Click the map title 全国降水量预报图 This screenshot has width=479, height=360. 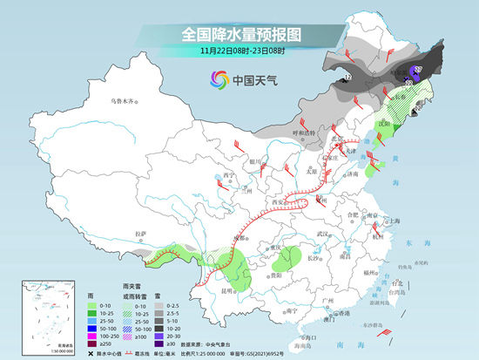[x=239, y=35]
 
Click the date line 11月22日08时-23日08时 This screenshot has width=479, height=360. [x=239, y=51]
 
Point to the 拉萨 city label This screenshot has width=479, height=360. [x=141, y=233]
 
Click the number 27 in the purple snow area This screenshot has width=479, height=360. [x=418, y=69]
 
